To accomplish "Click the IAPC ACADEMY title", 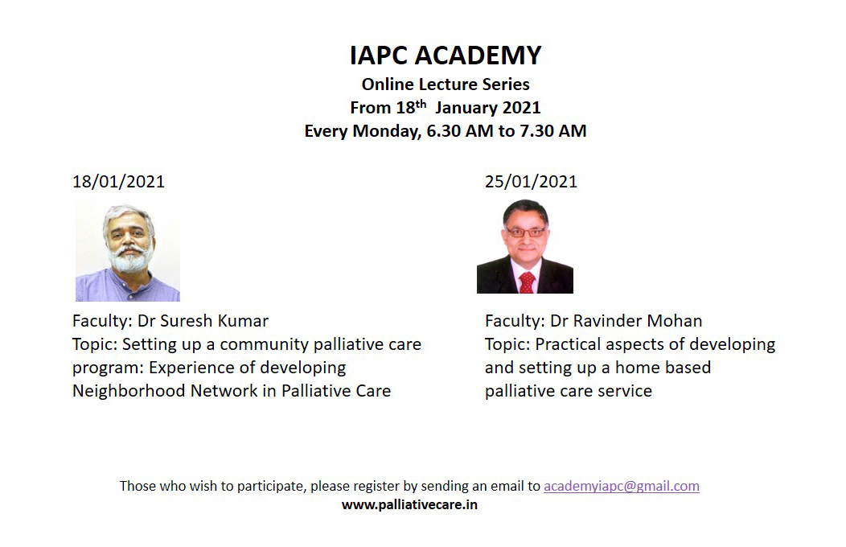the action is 446,55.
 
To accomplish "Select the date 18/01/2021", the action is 119,181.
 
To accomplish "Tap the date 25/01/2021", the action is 531,181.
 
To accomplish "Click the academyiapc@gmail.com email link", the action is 622,486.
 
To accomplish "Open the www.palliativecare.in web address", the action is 409,505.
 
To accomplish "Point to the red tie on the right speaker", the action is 527,282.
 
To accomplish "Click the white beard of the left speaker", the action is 129,260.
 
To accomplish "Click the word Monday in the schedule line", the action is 387,131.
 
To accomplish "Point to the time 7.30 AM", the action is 553,131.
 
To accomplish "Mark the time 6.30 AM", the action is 460,131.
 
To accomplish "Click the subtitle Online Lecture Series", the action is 446,84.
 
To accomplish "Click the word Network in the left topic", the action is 224,391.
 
